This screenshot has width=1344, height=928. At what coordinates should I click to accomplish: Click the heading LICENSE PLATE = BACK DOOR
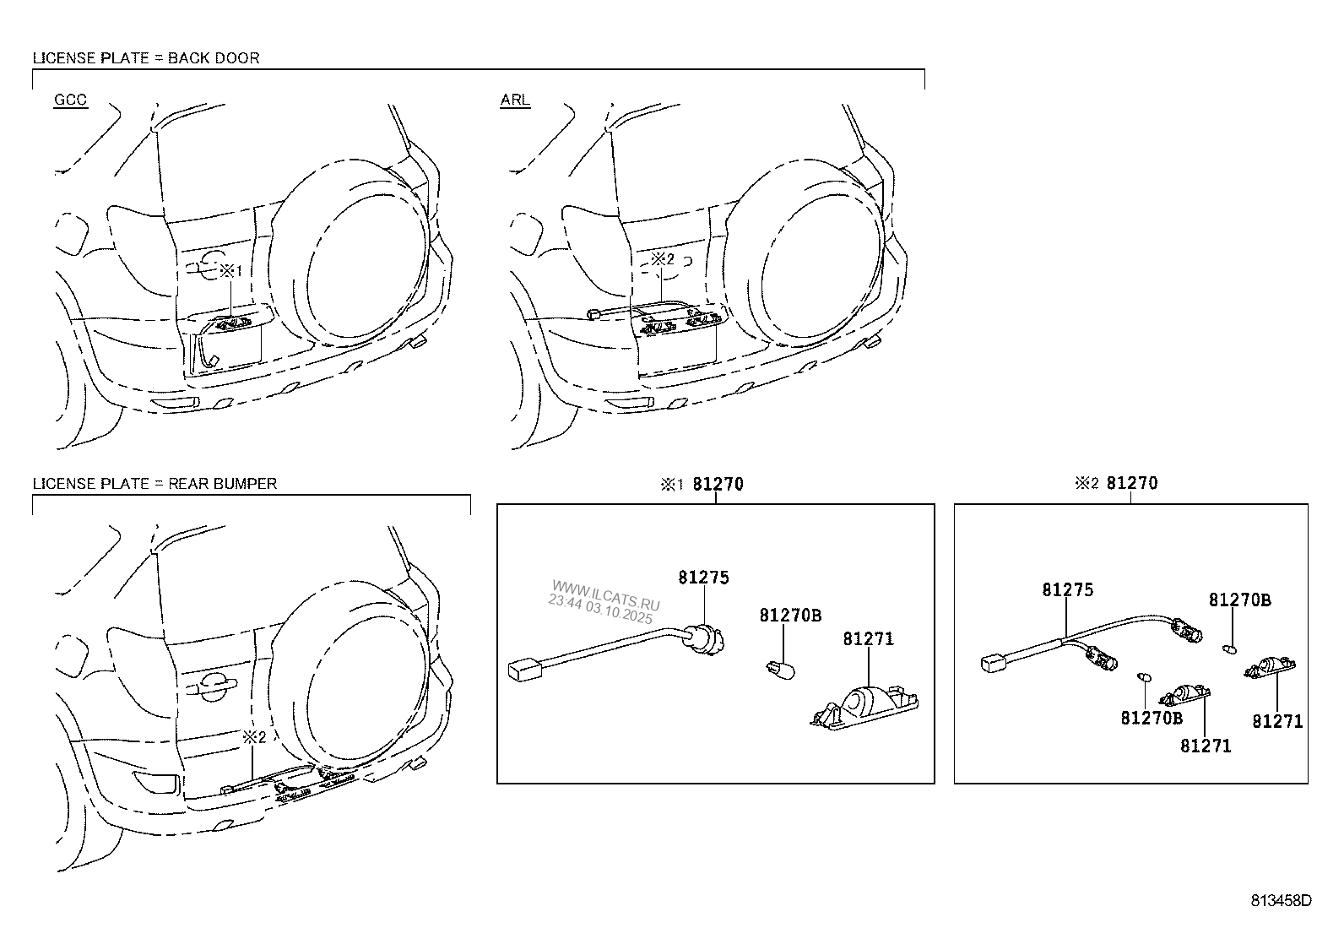click(x=146, y=58)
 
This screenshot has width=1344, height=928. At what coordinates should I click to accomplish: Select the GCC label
click(x=70, y=100)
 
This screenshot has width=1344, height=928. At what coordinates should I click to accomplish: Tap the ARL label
click(x=516, y=100)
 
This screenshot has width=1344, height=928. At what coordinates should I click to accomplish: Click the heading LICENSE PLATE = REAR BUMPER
click(x=154, y=484)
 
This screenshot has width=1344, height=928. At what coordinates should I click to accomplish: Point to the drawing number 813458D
click(x=1281, y=900)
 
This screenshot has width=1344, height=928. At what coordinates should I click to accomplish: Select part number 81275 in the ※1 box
click(x=703, y=578)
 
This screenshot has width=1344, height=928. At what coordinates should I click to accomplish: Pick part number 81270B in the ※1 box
click(x=790, y=616)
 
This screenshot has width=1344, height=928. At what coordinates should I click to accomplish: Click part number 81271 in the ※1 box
click(x=868, y=638)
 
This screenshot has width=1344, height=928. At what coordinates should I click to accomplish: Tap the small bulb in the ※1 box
click(x=781, y=669)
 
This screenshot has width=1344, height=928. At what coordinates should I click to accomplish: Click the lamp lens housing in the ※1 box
click(x=864, y=708)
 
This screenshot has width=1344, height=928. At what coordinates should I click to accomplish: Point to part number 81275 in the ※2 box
click(x=1067, y=590)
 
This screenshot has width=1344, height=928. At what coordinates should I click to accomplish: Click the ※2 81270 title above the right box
click(x=1116, y=483)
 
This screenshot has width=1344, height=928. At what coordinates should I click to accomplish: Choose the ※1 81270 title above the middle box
click(x=702, y=484)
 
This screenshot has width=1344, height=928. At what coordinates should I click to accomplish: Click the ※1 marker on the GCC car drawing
click(x=231, y=271)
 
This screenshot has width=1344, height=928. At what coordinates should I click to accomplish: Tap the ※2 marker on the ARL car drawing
click(x=663, y=259)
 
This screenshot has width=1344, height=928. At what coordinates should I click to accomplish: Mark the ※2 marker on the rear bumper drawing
click(x=254, y=737)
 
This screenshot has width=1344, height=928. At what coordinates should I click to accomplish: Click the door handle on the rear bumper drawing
click(x=211, y=684)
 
